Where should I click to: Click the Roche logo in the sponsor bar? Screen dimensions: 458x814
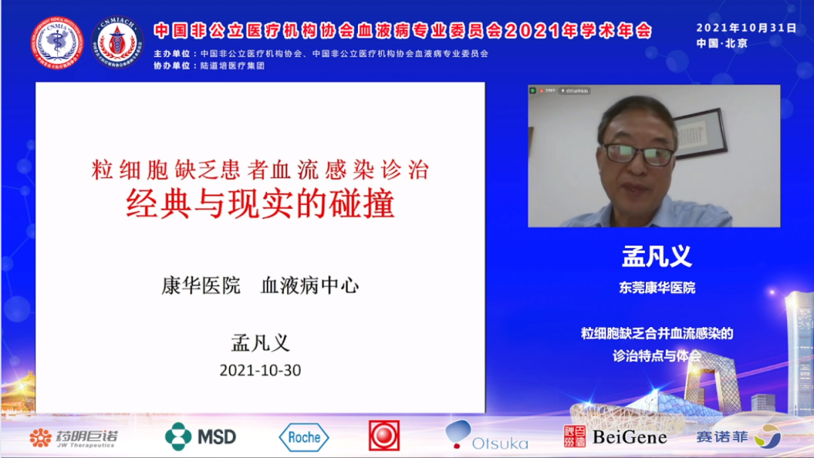click(x=304, y=437)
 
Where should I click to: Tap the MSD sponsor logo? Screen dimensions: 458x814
click(x=200, y=436)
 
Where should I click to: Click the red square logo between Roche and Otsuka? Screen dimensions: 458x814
click(x=384, y=435)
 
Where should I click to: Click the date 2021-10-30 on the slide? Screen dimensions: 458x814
click(x=260, y=371)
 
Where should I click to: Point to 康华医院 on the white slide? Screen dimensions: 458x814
click(x=200, y=285)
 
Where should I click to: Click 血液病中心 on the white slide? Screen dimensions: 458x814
click(x=310, y=285)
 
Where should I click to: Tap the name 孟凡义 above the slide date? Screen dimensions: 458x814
click(x=260, y=342)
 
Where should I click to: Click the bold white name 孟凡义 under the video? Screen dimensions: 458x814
click(x=656, y=257)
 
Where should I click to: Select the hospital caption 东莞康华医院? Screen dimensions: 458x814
click(x=656, y=288)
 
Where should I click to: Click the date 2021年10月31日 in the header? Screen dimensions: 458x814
click(x=746, y=28)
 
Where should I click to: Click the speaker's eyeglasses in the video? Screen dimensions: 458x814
click(x=638, y=154)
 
